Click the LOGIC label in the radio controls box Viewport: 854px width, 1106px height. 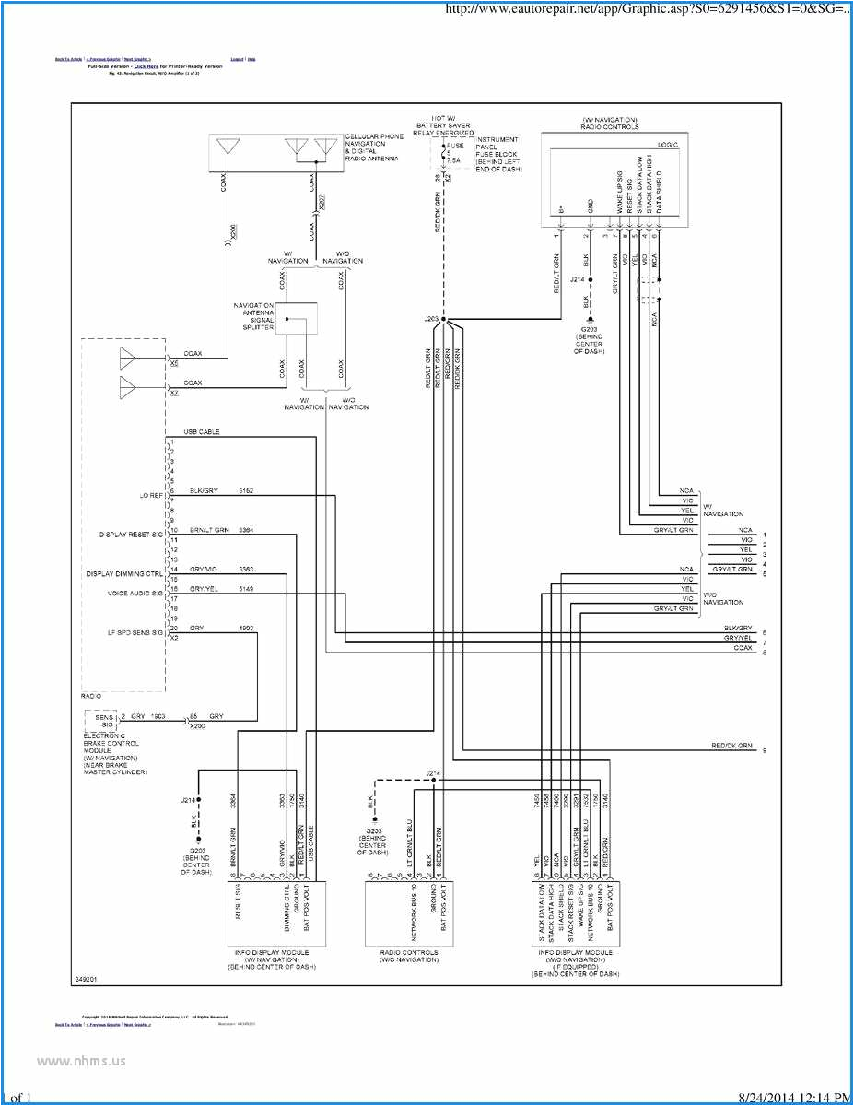[668, 145]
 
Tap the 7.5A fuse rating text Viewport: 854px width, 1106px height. [453, 160]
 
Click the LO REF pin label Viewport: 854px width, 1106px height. [151, 495]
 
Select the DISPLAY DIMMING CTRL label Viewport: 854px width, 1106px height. [124, 573]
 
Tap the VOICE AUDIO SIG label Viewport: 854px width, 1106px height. [135, 594]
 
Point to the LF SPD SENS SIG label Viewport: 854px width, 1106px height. [135, 632]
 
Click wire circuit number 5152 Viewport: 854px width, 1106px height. [247, 491]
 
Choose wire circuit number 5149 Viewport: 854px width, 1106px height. [247, 588]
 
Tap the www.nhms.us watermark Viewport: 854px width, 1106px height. [80, 1060]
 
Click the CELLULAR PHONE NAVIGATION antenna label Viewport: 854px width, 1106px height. [373, 147]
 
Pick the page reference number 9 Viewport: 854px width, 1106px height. [764, 751]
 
